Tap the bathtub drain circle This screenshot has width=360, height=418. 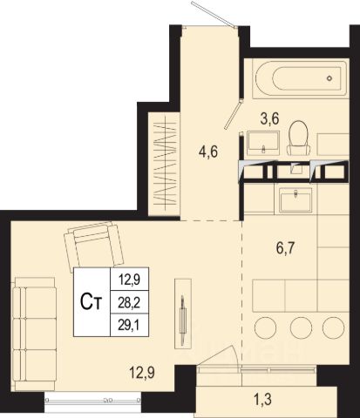(329, 78)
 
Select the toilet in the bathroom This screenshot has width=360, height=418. (298, 138)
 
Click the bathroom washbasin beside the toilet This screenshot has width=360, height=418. (263, 144)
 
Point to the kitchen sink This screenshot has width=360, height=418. (295, 199)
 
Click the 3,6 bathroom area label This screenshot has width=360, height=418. (269, 118)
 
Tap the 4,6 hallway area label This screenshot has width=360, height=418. (208, 152)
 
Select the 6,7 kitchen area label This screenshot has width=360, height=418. (285, 248)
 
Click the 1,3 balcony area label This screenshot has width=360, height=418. (262, 400)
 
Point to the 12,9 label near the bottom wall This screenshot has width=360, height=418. (142, 373)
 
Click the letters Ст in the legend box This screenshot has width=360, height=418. (91, 302)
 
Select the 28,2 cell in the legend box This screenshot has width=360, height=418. (129, 302)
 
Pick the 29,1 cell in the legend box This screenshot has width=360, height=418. (129, 325)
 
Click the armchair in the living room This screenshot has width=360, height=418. (93, 246)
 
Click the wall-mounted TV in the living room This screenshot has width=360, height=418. (183, 313)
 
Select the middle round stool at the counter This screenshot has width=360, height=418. (301, 327)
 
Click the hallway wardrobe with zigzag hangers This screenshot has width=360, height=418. (165, 165)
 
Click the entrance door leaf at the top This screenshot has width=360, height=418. (214, 15)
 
